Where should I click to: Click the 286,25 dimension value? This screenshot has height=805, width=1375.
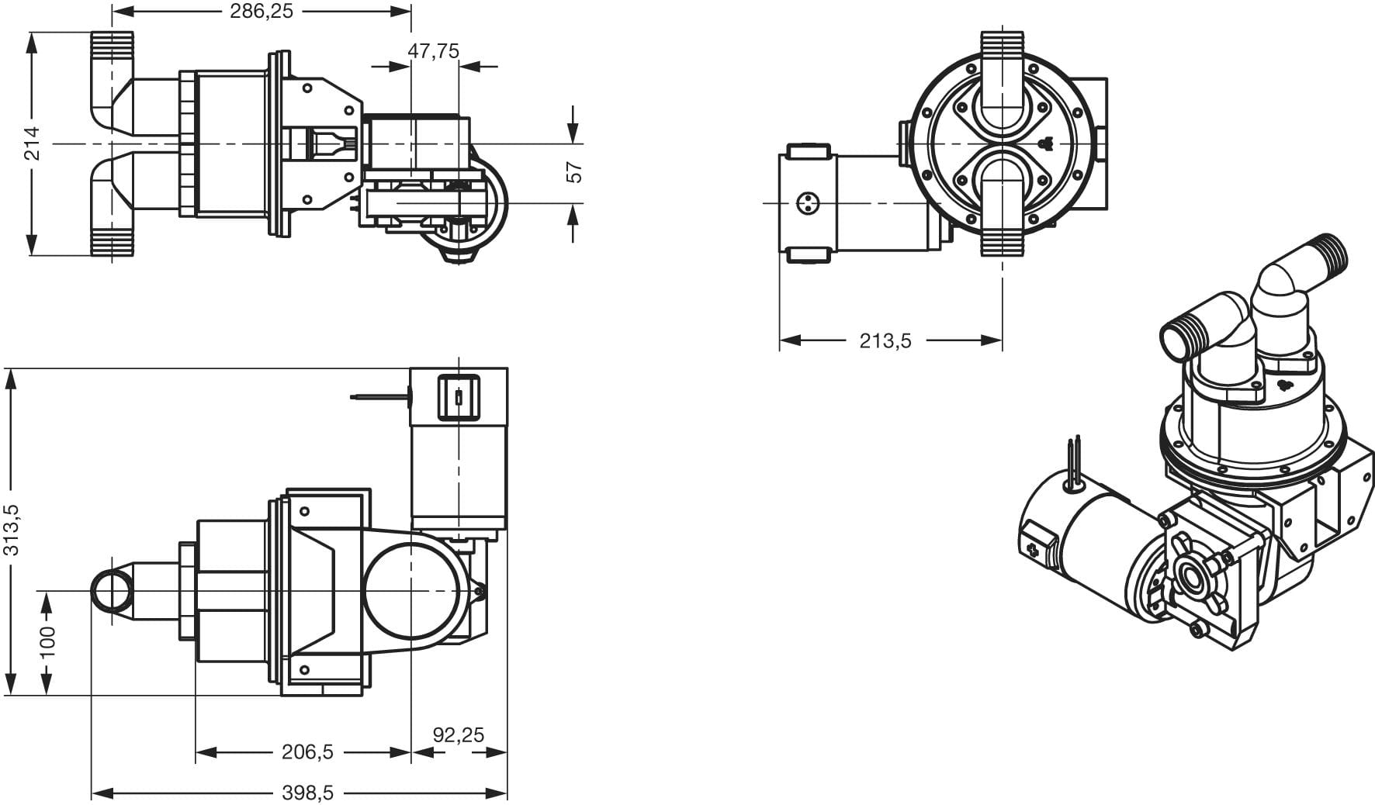261,12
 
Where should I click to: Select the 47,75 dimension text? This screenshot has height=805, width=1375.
434,51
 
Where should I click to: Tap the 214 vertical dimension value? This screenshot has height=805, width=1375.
33,143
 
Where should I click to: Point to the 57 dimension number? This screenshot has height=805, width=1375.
574,172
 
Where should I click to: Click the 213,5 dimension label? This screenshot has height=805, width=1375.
885,340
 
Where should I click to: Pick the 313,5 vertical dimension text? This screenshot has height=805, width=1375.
12,530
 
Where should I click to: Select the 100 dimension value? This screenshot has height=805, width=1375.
48,641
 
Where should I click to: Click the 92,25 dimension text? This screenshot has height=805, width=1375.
459,734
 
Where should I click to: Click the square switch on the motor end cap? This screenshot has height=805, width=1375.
459,396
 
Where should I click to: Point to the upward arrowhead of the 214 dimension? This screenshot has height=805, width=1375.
32,43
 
